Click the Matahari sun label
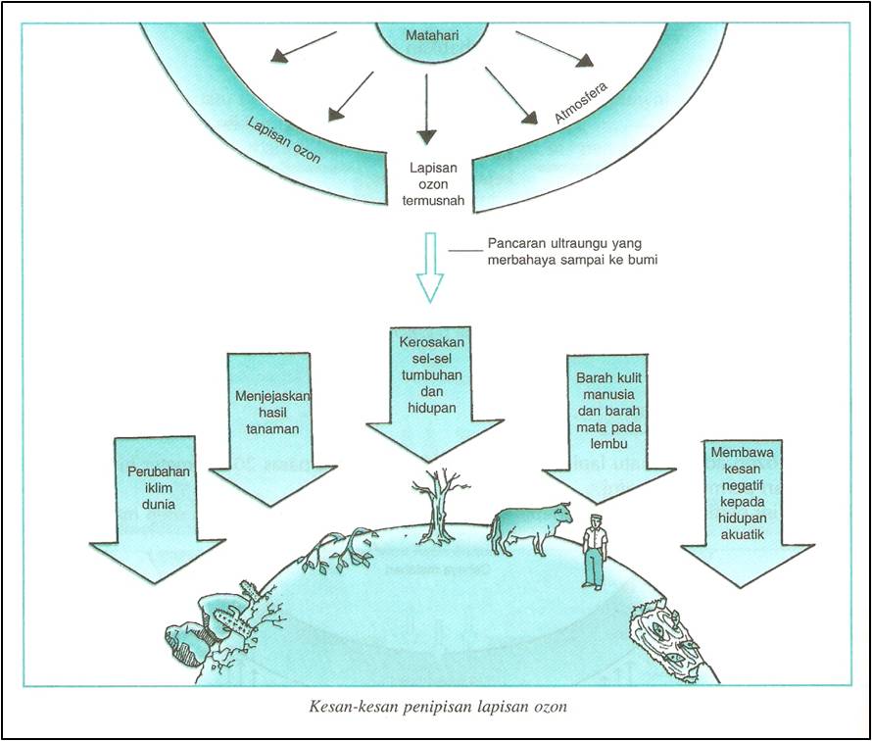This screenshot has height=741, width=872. pos(432,35)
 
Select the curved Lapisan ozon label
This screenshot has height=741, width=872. pos(283,139)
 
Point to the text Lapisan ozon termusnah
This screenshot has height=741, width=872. pos(433,184)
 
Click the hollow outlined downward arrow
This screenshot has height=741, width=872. pos(430,267)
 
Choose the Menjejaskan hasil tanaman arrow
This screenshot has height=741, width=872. pos(272,429)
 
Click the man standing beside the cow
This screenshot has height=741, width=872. pos(594,552)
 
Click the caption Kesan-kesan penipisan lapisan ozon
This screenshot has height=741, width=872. pos(438,707)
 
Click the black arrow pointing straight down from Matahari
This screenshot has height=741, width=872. pos(426,110)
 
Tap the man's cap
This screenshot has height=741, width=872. pos(595,518)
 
